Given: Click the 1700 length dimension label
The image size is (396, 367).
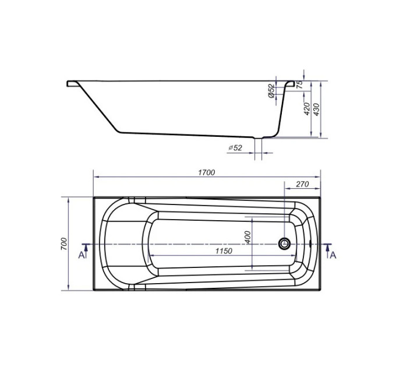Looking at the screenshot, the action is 206,172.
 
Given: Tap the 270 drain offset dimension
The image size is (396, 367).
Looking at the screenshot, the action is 302,184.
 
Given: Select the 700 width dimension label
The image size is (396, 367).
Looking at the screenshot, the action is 64,244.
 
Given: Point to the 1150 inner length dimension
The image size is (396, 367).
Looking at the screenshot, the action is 224,251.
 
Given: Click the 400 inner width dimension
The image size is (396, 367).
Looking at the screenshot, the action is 248,237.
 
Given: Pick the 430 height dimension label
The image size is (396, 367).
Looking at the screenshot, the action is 316,110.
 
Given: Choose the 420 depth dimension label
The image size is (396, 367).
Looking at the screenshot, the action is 306,108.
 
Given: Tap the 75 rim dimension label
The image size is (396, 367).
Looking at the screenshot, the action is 299,84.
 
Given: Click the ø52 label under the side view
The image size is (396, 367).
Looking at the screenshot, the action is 235,147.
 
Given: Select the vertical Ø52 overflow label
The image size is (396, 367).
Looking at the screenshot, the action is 271,91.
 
